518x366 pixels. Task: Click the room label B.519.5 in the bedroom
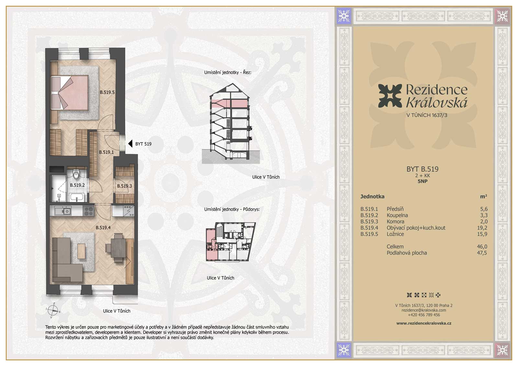(107, 92)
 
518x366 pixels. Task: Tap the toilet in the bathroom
(76, 174)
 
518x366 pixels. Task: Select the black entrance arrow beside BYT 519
(130, 144)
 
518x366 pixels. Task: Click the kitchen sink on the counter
(63, 211)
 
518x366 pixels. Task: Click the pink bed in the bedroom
(70, 92)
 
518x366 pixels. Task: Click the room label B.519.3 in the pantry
(124, 186)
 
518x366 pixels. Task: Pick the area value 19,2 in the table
(482, 228)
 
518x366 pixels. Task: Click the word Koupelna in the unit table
(397, 215)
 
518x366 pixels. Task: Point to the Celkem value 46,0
(482, 247)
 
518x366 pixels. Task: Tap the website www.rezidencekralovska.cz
(424, 323)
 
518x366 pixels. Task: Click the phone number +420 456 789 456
(424, 315)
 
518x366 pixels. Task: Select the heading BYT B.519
(422, 169)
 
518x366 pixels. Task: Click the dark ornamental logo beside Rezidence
(390, 96)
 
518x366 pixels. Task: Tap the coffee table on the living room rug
(81, 251)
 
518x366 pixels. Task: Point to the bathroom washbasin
(77, 198)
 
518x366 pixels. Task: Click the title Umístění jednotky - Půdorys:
(232, 210)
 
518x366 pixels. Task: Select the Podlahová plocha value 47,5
(482, 253)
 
